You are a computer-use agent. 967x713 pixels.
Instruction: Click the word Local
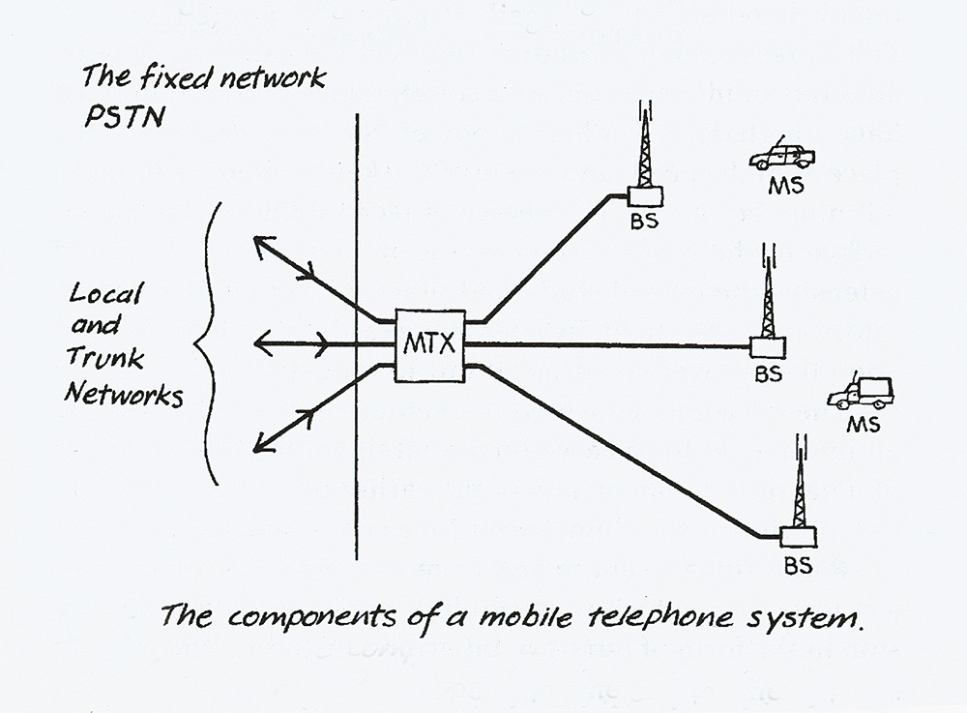(105, 293)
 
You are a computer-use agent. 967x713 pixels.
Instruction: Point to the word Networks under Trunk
(124, 394)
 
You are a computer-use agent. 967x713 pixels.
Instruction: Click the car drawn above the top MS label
(782, 156)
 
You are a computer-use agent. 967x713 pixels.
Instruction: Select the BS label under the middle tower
(769, 373)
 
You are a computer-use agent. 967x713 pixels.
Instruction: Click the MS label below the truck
(863, 423)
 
